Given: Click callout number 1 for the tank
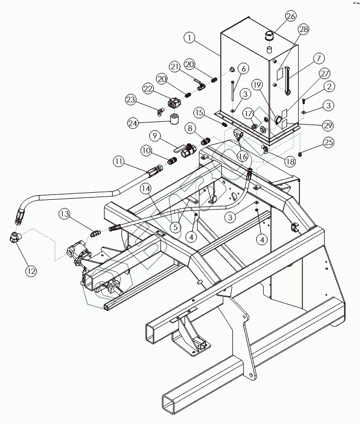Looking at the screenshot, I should click(188, 38).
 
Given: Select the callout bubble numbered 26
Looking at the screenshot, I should click(291, 16).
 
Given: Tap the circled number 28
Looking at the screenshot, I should click(303, 29).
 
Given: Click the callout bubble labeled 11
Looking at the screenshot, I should click(120, 161).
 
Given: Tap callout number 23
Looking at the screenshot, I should click(130, 99).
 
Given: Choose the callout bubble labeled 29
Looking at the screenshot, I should click(327, 125).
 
